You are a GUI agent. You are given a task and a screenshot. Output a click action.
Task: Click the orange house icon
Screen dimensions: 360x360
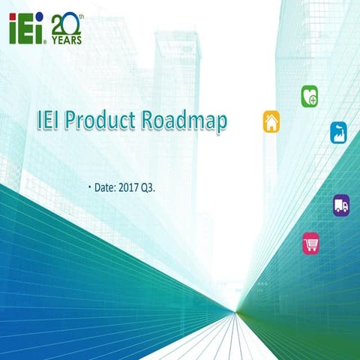[x=271, y=121]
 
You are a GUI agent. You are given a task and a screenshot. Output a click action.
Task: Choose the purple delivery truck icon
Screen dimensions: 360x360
[x=341, y=205]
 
